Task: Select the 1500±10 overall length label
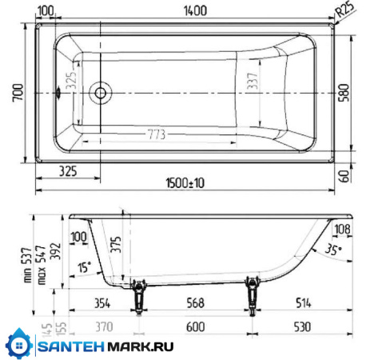pyautogui.click(x=185, y=183)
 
